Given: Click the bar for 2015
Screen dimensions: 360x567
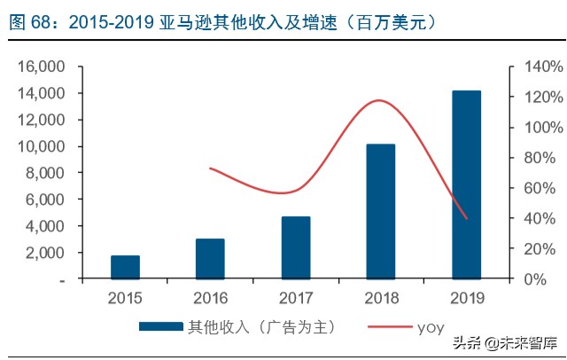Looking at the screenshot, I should (x=125, y=267).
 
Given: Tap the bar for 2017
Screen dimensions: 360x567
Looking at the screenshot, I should (x=296, y=247).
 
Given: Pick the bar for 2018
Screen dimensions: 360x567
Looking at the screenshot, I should (x=381, y=211).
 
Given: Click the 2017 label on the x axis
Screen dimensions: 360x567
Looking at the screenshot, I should (x=296, y=297).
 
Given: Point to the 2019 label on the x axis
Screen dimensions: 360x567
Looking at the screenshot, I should (x=466, y=297).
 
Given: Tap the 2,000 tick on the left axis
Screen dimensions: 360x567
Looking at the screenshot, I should (x=45, y=253).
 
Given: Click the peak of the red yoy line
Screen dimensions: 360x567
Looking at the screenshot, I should (x=379, y=100).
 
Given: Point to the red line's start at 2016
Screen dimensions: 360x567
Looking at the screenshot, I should (x=210, y=168).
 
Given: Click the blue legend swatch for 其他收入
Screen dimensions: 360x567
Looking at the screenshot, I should (x=160, y=327).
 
